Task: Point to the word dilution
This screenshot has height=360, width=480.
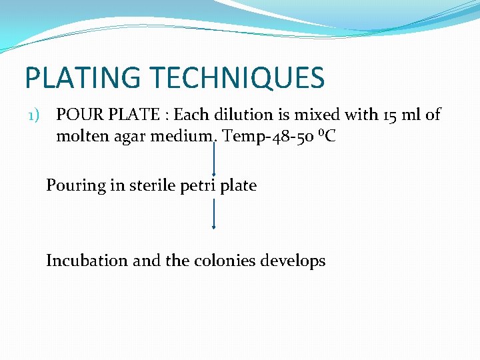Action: point(237,115)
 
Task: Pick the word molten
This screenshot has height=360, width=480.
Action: point(81,137)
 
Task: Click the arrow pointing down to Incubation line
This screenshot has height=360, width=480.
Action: point(213,213)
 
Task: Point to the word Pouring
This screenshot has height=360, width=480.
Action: point(75,185)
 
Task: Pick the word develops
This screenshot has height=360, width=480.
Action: point(293,261)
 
